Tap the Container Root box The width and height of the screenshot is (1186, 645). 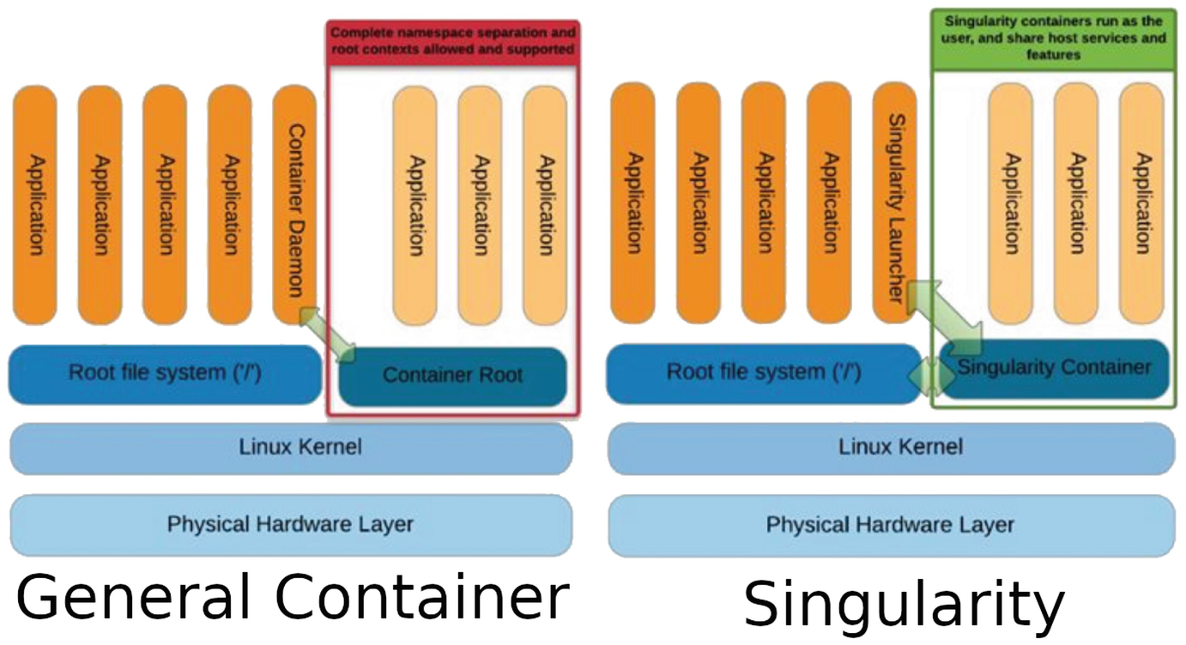click(452, 376)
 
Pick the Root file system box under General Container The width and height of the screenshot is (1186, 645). click(165, 374)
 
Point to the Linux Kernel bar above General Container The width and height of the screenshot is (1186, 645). click(291, 448)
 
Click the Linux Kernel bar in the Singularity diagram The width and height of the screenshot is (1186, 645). click(891, 448)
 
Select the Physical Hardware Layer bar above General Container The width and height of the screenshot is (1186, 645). click(291, 524)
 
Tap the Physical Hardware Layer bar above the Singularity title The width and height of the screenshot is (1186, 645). click(891, 524)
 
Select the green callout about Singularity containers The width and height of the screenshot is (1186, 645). click(1055, 39)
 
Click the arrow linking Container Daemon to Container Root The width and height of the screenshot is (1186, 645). click(327, 335)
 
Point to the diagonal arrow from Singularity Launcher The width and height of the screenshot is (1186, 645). click(945, 316)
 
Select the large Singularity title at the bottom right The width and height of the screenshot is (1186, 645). click(903, 604)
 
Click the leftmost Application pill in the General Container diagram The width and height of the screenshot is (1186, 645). click(34, 204)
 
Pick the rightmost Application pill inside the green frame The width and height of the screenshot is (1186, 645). click(1141, 204)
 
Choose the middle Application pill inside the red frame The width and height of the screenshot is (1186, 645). click(479, 204)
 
